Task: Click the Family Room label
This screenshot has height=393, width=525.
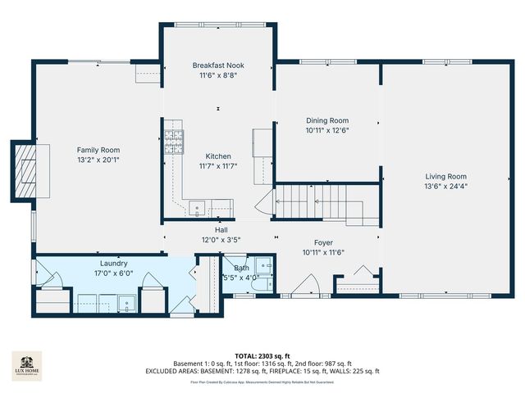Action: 98,150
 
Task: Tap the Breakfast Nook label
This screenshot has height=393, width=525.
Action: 218,65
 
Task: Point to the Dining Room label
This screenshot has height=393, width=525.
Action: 327,120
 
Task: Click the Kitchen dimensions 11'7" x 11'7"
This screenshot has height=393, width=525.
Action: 218,165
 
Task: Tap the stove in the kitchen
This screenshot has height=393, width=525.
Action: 173,142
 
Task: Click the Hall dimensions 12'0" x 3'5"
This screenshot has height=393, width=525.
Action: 221,240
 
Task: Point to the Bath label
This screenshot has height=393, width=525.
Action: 241,268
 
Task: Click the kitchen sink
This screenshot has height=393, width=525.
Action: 198,208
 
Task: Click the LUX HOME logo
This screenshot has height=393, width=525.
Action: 27,366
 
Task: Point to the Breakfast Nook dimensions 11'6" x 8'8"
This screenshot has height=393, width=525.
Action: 218,75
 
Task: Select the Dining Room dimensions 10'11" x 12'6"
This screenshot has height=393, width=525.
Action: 327,130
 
